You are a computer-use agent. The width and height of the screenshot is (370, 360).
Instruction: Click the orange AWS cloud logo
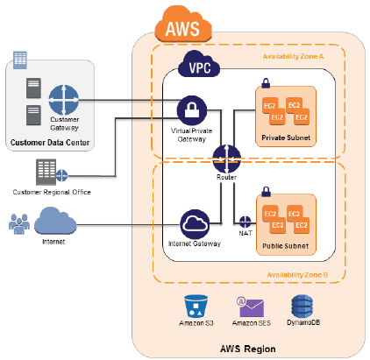point(183,25)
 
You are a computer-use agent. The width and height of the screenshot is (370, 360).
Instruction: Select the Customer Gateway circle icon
point(64,100)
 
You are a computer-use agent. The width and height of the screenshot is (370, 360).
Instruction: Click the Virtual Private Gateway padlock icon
point(192,110)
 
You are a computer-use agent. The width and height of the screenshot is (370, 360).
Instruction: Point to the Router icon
point(227,159)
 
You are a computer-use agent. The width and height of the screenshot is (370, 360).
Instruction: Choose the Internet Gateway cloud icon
point(195,224)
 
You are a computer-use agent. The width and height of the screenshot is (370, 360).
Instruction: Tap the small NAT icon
point(245,222)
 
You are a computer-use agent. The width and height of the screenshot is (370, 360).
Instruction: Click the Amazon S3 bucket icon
point(196,306)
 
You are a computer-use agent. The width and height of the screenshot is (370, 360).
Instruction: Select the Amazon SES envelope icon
point(251,307)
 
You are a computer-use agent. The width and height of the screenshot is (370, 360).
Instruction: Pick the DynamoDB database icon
point(302,306)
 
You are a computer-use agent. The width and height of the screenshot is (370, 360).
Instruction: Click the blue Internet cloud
point(55,221)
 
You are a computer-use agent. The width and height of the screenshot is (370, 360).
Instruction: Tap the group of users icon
point(19,223)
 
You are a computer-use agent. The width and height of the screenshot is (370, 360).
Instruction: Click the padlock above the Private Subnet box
point(266,83)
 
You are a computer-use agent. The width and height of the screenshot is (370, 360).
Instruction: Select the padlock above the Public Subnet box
point(266,192)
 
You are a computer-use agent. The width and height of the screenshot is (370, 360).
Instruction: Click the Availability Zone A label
point(293,56)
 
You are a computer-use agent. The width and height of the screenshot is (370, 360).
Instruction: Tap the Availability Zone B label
point(297,275)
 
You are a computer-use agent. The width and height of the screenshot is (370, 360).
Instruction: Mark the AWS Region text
point(248,349)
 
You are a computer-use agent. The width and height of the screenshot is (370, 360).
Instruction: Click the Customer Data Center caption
point(50,143)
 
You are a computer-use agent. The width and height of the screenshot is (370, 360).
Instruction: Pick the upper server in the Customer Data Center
point(33,88)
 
